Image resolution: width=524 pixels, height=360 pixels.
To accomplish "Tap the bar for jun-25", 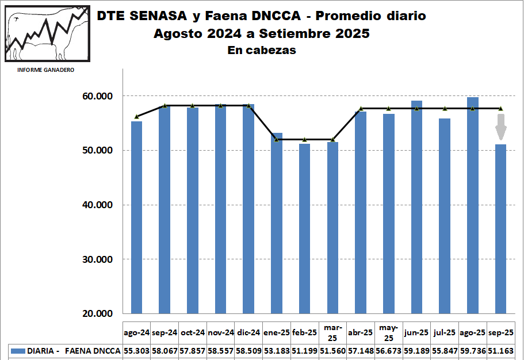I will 417,207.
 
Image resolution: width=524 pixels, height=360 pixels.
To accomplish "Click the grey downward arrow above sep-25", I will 501,127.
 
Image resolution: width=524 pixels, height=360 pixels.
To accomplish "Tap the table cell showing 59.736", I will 473,350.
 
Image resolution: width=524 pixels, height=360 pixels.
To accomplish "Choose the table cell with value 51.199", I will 304,350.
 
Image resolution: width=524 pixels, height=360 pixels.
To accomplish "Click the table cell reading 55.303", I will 136,350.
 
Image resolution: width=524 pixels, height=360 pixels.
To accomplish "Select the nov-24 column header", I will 220,332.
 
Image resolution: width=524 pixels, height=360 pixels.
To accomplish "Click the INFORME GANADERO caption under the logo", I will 45,70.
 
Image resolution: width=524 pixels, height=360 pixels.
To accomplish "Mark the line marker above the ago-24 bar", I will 137,117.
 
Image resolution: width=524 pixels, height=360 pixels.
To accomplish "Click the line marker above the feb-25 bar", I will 304,140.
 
